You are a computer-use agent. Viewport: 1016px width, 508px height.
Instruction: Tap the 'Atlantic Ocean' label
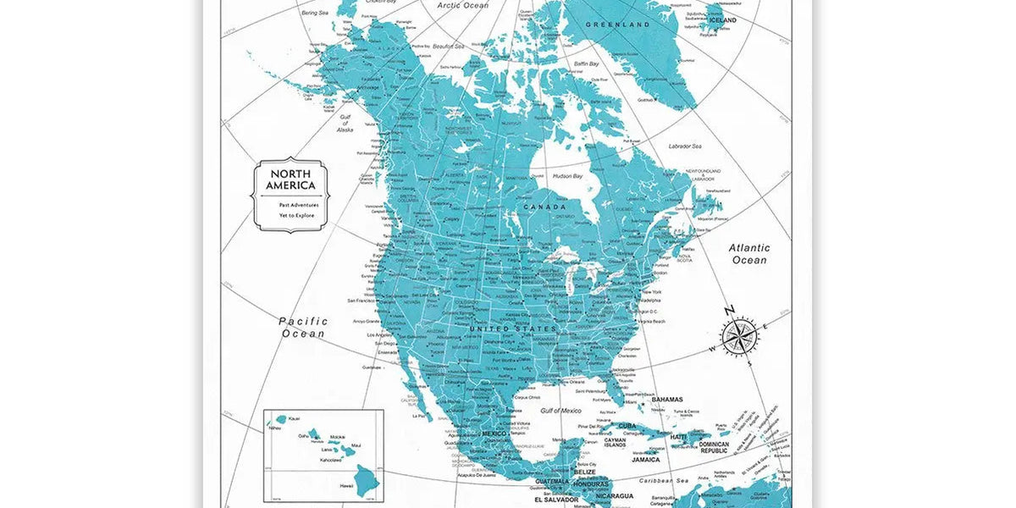(x=749, y=254)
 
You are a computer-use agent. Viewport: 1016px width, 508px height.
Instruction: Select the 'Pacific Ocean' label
(x=303, y=328)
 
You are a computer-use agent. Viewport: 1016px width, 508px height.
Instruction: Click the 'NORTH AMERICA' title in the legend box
(x=290, y=179)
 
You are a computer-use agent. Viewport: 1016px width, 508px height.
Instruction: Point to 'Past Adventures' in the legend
(x=298, y=205)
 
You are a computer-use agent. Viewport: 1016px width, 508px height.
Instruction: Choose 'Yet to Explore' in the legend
(x=296, y=215)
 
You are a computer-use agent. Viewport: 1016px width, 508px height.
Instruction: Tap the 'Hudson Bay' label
(x=567, y=176)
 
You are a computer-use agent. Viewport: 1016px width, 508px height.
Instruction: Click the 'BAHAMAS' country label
(x=667, y=399)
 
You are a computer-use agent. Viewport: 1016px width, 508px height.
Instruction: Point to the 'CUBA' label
(x=627, y=426)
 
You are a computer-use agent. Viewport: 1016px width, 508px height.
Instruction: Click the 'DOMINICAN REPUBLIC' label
(x=714, y=448)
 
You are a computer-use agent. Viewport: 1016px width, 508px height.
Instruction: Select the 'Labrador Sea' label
(x=685, y=146)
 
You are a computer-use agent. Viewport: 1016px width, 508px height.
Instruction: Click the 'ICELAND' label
(x=721, y=19)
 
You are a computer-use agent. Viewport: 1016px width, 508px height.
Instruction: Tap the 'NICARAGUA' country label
(x=613, y=496)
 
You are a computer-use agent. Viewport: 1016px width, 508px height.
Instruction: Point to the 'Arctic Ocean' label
(x=463, y=5)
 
